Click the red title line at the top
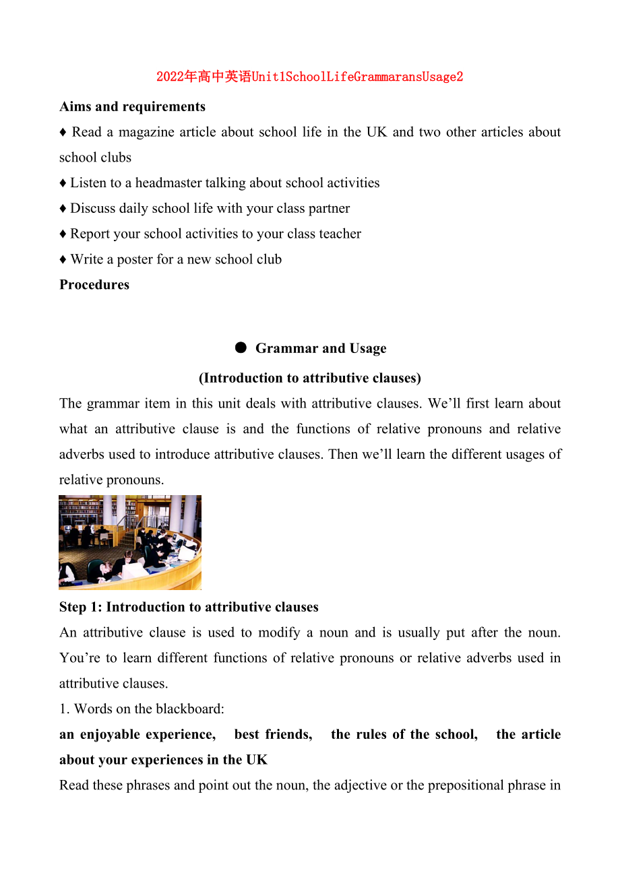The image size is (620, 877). (x=309, y=77)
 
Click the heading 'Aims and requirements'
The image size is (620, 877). (x=132, y=106)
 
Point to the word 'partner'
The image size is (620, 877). (x=329, y=209)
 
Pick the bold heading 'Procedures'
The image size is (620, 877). (x=94, y=285)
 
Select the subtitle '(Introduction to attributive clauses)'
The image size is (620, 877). (x=309, y=378)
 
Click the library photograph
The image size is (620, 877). (x=130, y=542)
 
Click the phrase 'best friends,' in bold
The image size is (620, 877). (x=273, y=734)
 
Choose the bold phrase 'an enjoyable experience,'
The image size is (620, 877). (x=137, y=734)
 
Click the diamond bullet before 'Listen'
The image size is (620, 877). (x=63, y=183)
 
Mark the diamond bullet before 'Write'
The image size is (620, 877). (x=63, y=259)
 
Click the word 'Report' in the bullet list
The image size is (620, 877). (x=90, y=234)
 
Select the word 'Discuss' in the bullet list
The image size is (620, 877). (x=93, y=209)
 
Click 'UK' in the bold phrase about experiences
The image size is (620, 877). (x=257, y=760)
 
